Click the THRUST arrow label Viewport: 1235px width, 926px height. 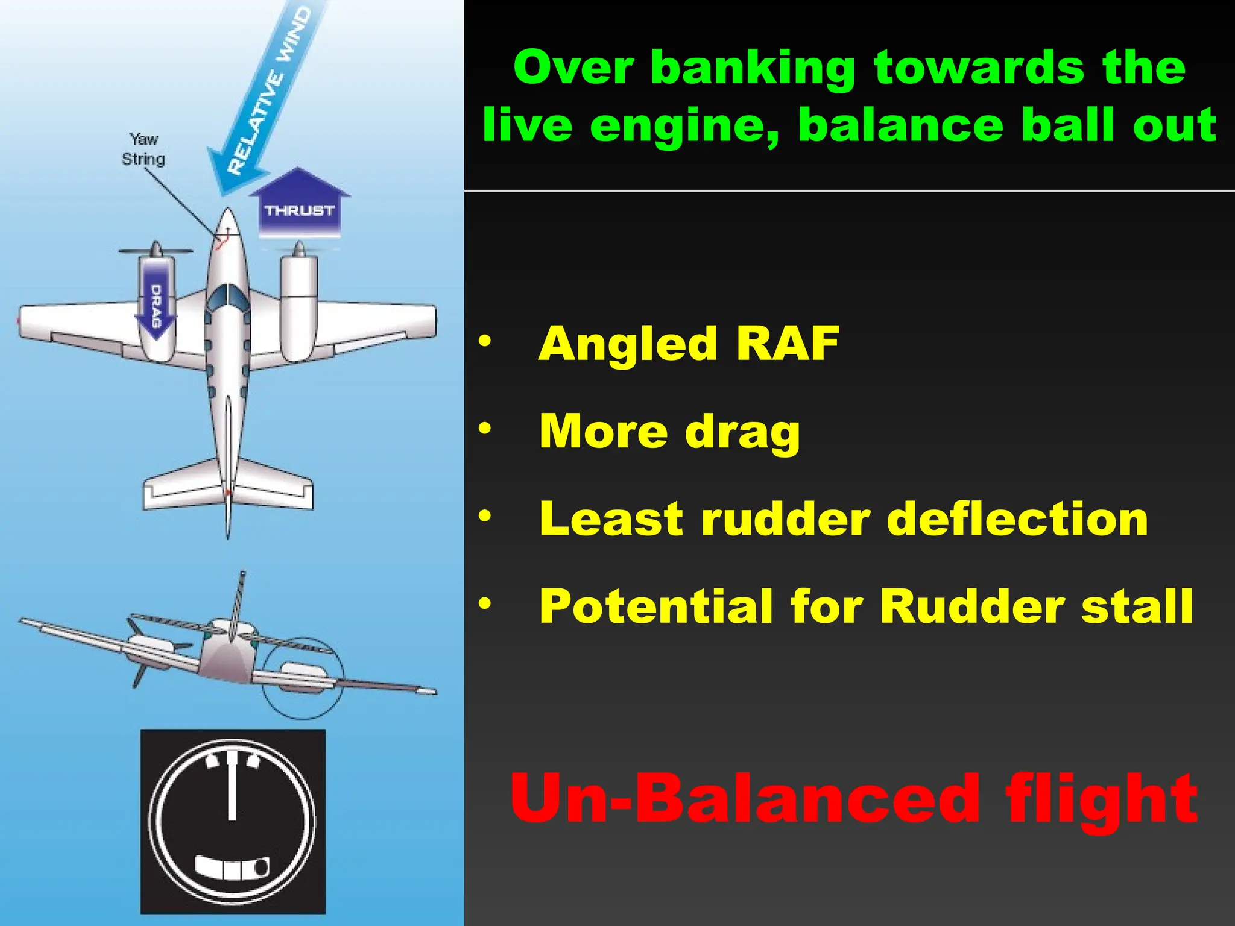299,210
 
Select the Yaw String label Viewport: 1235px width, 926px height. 143,149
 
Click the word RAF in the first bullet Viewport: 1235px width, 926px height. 788,344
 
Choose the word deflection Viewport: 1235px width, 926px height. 1018,519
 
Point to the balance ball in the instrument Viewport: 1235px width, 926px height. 261,868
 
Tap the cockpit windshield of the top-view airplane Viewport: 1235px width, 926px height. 227,295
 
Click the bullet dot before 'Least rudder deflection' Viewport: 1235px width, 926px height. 485,517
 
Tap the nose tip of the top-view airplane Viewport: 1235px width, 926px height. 227,211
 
